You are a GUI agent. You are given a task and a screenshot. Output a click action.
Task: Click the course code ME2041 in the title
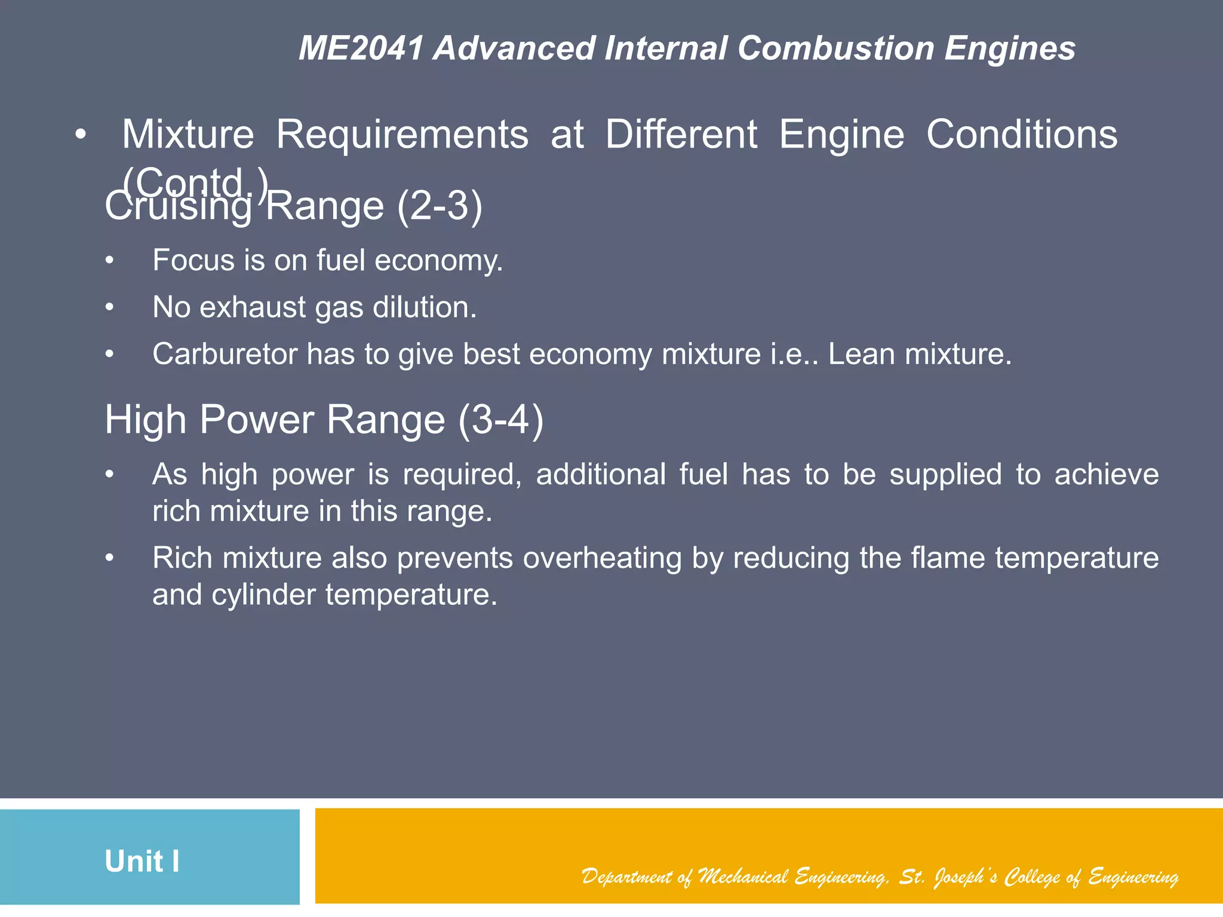pos(361,48)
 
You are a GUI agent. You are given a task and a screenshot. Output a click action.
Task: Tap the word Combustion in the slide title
pos(835,48)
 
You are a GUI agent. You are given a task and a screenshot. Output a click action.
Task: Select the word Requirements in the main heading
pos(402,135)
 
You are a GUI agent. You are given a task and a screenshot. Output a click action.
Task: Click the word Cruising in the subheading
pos(178,207)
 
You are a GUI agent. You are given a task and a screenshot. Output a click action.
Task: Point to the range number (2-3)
pos(440,207)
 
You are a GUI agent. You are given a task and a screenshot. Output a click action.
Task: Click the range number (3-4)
pos(501,420)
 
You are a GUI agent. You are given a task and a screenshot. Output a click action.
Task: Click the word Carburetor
pos(225,354)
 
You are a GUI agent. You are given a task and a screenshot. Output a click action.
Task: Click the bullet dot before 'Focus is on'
pos(109,261)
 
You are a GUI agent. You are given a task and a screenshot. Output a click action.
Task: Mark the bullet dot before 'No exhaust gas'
pos(109,308)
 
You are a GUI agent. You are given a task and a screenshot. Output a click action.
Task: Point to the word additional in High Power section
pos(601,475)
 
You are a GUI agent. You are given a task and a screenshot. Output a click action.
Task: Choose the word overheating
pos(603,558)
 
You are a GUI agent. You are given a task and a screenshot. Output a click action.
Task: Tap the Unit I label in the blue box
pos(142,861)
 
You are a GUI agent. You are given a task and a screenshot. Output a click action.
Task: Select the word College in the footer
pos(1032,876)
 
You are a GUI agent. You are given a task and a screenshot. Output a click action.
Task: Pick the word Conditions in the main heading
pos(1022,135)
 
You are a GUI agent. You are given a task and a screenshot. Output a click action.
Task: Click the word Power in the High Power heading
pos(256,420)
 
